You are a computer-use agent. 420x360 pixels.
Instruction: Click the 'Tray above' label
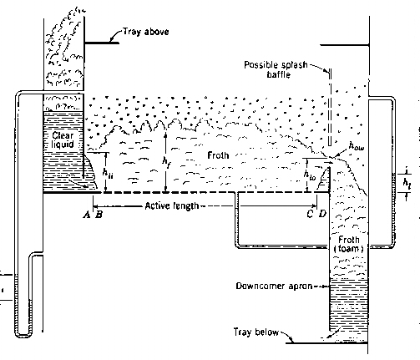tap(146, 32)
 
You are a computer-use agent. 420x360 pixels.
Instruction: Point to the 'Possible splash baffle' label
tap(276, 69)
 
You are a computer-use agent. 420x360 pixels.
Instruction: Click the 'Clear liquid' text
tap(63, 140)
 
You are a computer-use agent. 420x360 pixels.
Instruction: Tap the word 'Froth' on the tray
tap(218, 155)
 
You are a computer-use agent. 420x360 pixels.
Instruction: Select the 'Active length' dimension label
tap(172, 206)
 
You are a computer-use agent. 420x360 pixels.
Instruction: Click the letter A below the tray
tap(87, 214)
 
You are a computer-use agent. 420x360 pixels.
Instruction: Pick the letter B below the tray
tap(99, 214)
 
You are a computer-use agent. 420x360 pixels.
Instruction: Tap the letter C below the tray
tap(310, 214)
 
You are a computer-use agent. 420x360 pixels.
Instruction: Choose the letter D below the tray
tap(322, 214)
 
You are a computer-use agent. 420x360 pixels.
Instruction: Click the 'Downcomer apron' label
tap(274, 286)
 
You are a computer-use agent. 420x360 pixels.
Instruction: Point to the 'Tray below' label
tap(256, 332)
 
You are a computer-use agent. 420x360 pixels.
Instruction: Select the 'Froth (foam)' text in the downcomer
tap(349, 244)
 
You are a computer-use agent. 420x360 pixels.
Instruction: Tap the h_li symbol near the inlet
tap(108, 173)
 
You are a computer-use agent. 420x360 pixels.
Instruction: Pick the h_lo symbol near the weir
tap(310, 175)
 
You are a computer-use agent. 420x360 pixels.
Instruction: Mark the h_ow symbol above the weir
tap(357, 146)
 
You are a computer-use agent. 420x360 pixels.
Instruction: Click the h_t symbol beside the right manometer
tap(407, 183)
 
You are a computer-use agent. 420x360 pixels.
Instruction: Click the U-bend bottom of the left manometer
tap(23, 335)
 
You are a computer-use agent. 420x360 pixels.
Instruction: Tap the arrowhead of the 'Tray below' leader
tap(292, 341)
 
